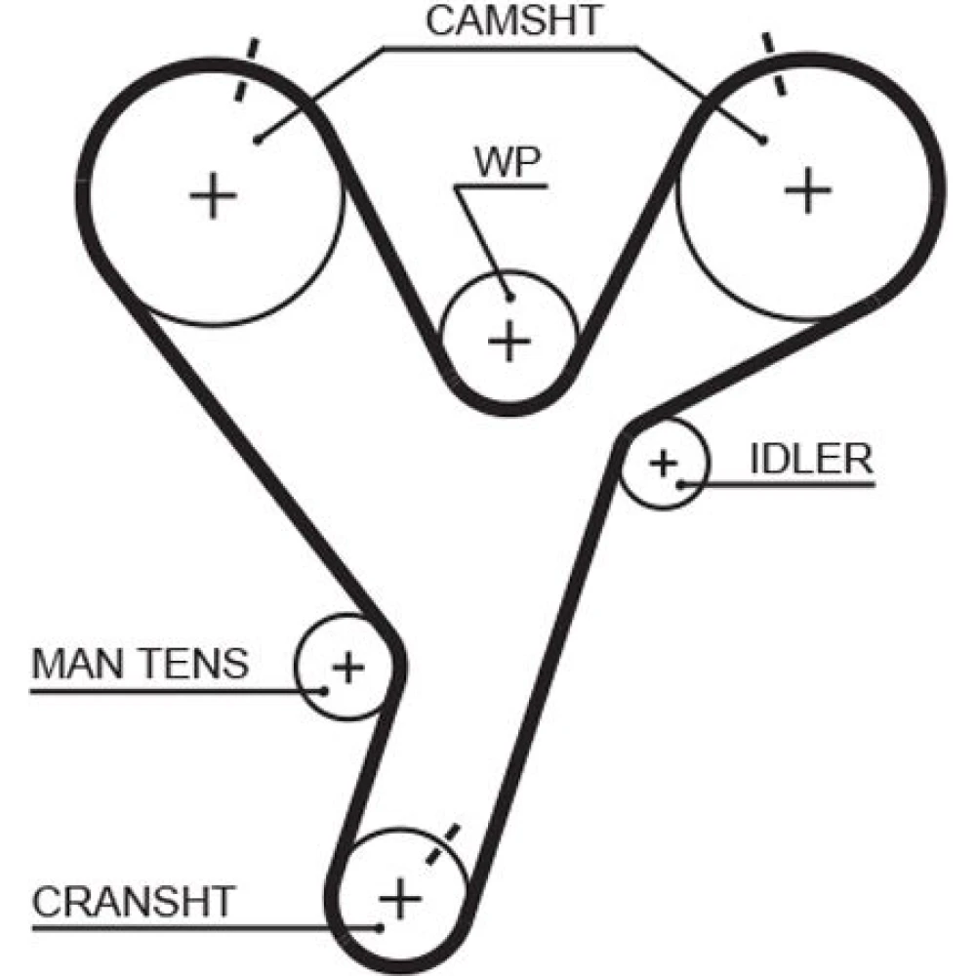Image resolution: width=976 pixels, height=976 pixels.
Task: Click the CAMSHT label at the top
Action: (x=514, y=20)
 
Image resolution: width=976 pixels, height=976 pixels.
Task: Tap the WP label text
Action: (x=508, y=162)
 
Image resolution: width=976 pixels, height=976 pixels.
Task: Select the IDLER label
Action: (x=812, y=460)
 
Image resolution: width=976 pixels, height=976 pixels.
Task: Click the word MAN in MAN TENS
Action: (x=77, y=664)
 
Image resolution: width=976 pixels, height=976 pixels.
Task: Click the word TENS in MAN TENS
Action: (x=193, y=664)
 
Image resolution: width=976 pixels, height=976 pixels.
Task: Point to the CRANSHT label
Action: (x=133, y=901)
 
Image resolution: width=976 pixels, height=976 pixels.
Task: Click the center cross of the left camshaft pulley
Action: (x=213, y=195)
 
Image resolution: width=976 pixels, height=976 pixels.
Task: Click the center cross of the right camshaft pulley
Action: (x=808, y=190)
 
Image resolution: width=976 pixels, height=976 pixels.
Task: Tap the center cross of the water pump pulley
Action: (x=509, y=341)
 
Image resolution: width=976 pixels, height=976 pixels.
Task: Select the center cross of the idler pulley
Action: (x=663, y=463)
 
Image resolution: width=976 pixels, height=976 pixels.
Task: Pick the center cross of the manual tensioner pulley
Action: (x=348, y=668)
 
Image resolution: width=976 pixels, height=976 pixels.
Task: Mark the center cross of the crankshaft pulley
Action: (x=400, y=898)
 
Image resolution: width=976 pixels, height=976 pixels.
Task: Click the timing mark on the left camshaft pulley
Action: (x=245, y=69)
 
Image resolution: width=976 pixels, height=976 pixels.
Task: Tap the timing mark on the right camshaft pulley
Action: (x=774, y=64)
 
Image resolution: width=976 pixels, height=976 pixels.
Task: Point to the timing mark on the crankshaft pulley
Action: (x=442, y=843)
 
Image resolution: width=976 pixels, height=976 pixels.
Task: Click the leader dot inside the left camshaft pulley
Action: (x=257, y=141)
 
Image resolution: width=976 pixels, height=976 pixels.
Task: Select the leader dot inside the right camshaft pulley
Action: (x=763, y=141)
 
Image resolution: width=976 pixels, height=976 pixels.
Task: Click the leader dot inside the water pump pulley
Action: (x=510, y=298)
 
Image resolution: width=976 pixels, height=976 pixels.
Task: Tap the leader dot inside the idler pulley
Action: (x=681, y=484)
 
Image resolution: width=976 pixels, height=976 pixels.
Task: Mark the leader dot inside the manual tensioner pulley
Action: (x=324, y=690)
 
